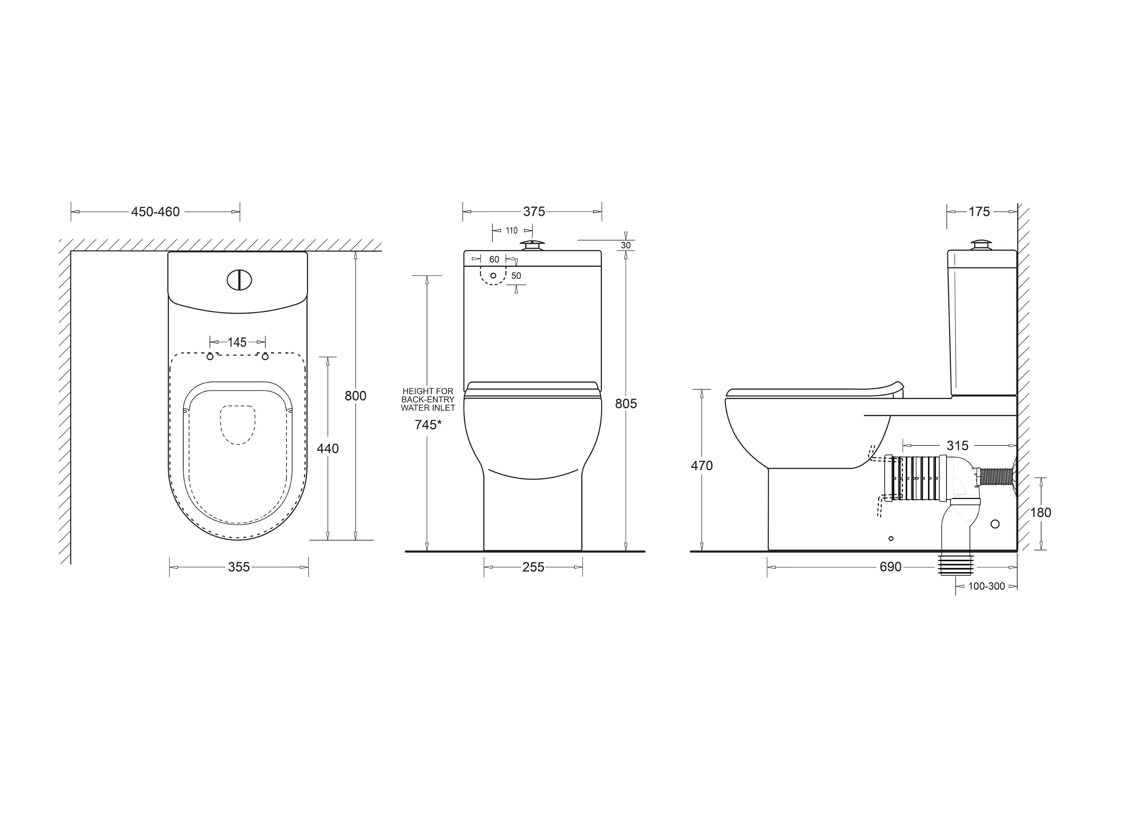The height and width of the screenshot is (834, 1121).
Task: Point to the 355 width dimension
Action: (239, 567)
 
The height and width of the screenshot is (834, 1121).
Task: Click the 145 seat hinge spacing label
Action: (237, 342)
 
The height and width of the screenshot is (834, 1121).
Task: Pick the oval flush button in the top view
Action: (239, 280)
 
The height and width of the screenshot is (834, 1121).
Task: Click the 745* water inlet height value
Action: (428, 425)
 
